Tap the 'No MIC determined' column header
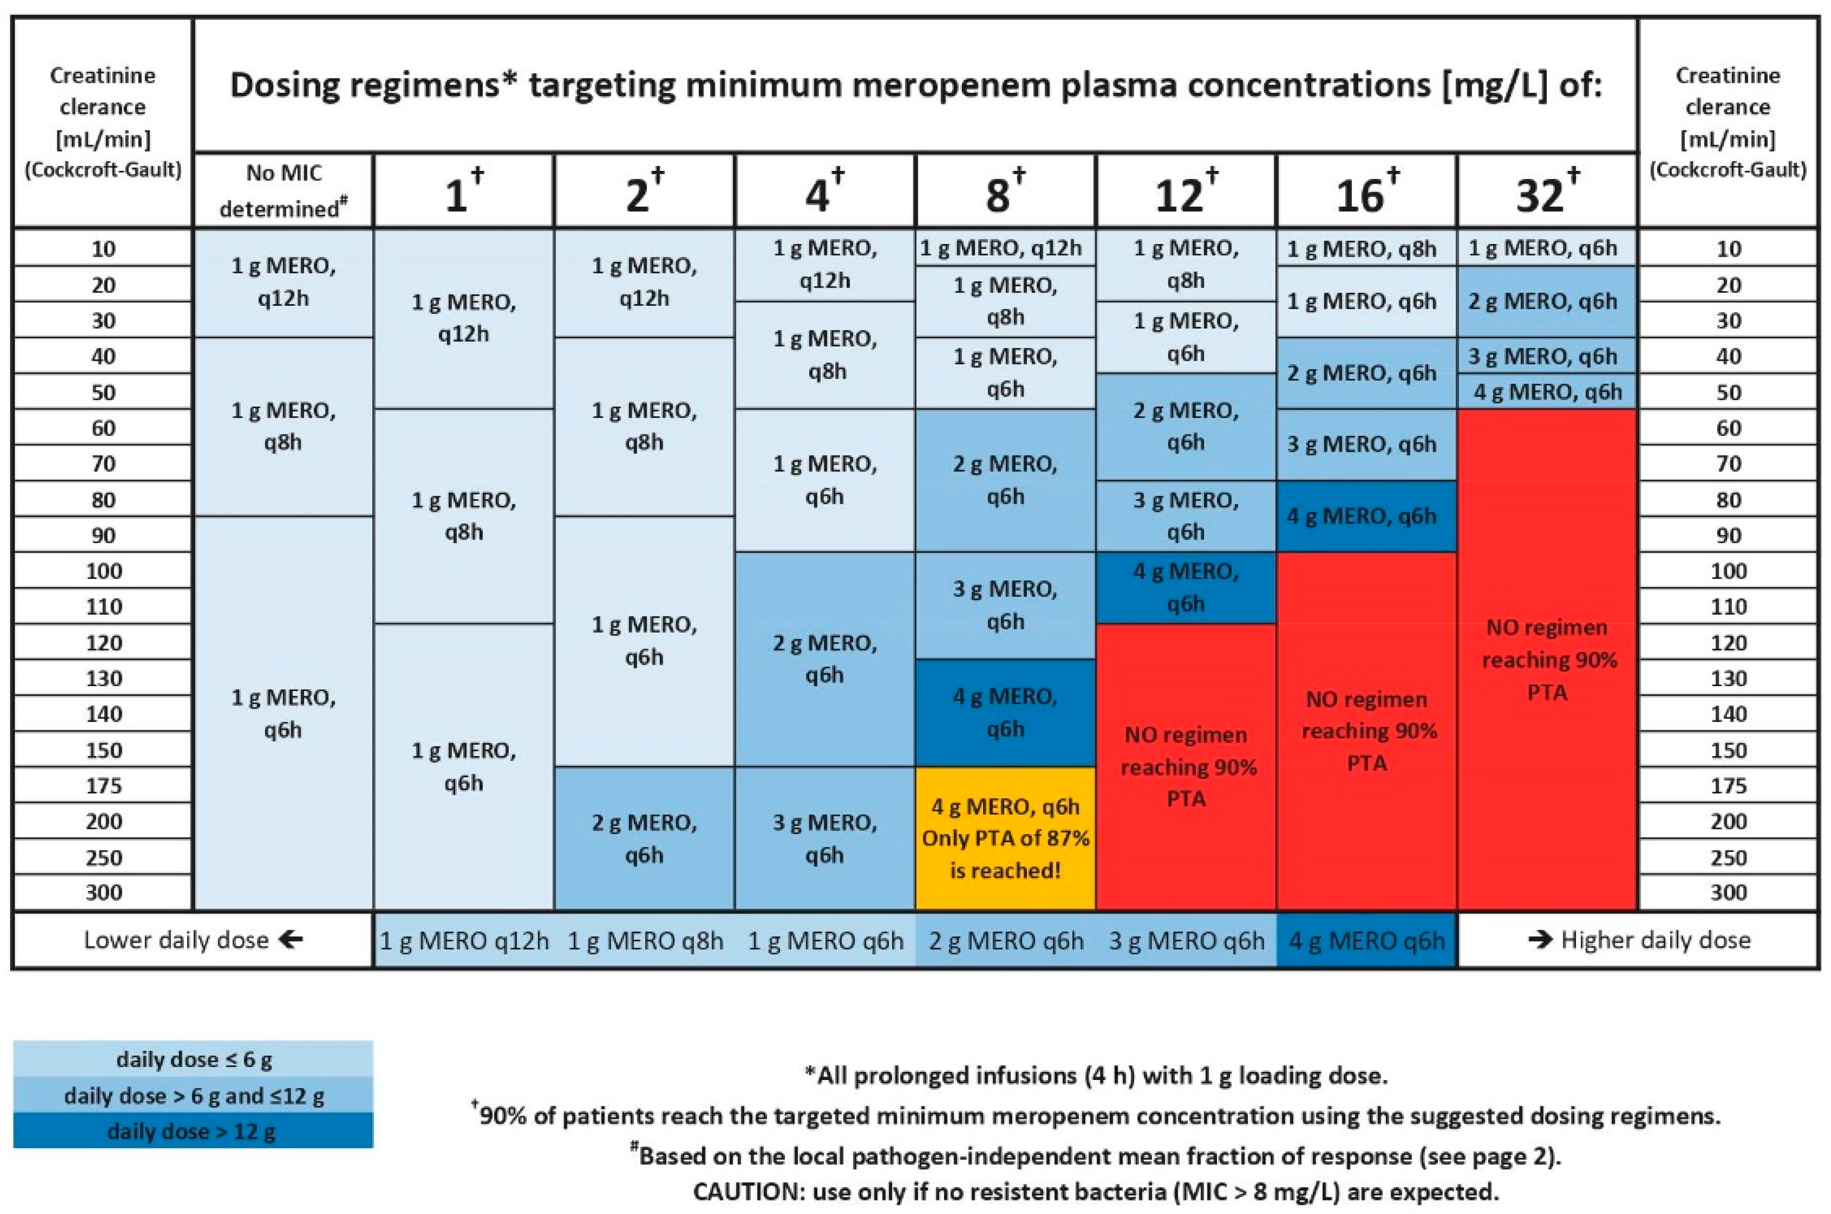[x=283, y=190]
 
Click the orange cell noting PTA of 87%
[x=1005, y=838]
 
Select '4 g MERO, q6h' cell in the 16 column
[x=1366, y=516]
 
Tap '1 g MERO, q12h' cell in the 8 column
[x=1005, y=248]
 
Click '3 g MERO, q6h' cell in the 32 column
[x=1546, y=356]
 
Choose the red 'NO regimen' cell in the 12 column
[x=1185, y=767]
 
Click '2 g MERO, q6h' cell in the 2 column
[x=644, y=838]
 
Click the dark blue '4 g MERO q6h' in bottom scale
[x=1366, y=941]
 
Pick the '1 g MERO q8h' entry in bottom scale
[x=645, y=941]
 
